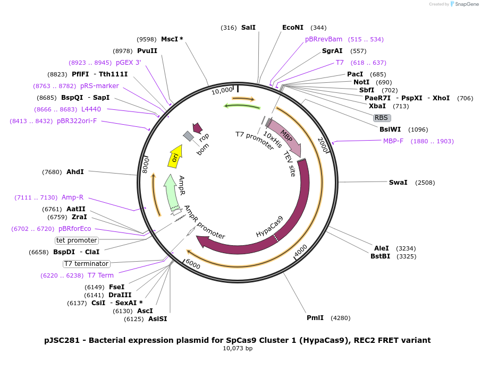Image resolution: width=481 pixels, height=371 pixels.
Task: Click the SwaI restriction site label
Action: [398, 183]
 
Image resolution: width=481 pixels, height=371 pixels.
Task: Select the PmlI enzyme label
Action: [315, 318]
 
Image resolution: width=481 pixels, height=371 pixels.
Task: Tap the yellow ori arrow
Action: [176, 155]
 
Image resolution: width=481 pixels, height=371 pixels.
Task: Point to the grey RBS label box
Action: [381, 118]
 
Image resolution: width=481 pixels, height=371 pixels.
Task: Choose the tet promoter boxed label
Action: [77, 240]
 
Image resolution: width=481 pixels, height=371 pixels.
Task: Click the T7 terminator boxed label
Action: [86, 264]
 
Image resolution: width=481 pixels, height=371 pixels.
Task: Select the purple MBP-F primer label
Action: [393, 141]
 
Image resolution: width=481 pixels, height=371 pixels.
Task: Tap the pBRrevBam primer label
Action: [324, 39]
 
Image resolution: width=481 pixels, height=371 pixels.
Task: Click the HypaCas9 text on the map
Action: [269, 227]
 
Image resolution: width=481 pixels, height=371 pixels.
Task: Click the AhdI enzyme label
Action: [75, 172]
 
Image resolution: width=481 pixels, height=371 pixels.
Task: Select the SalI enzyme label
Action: [248, 28]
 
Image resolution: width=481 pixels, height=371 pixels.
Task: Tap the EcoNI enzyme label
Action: [293, 28]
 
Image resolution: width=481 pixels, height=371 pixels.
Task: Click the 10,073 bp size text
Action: [238, 349]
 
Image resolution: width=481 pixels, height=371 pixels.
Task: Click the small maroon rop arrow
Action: [197, 127]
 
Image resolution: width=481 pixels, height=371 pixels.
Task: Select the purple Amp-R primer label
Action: [72, 197]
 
